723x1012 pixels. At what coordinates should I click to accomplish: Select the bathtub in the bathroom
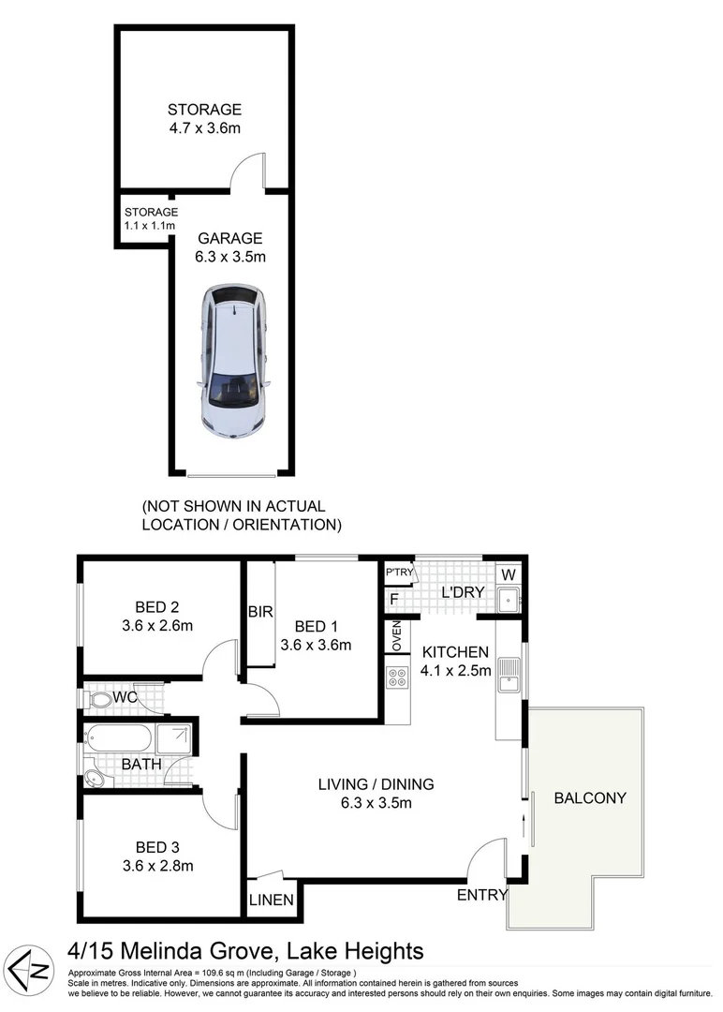pos(118,738)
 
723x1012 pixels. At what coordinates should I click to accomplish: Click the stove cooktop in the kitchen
pos(395,677)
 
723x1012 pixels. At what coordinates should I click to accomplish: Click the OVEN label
pos(395,637)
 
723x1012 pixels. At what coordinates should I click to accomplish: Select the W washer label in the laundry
pos(509,573)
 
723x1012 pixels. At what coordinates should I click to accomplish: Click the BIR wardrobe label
pos(259,612)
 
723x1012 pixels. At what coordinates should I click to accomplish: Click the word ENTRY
pos(481,896)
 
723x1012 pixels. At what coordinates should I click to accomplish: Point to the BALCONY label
pos(590,798)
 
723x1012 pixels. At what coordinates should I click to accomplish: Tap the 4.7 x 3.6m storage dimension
pos(204,127)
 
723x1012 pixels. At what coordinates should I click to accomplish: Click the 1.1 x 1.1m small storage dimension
pos(150,226)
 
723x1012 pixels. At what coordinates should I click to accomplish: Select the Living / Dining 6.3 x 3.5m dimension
pos(376,802)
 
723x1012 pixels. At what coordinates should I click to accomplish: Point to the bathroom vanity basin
pos(95,778)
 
